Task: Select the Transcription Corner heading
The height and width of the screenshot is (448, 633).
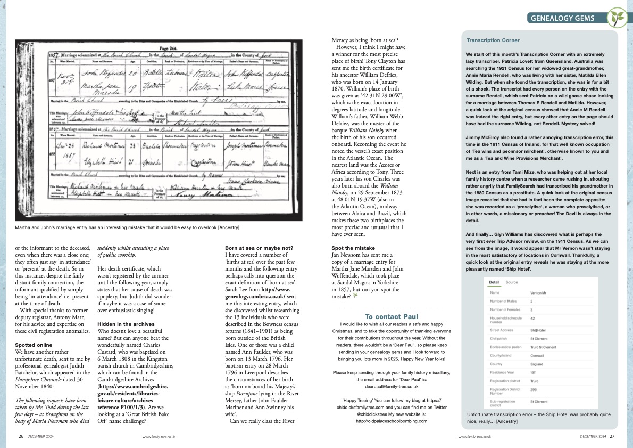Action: click(493, 40)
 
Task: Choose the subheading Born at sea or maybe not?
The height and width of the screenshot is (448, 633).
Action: click(258, 248)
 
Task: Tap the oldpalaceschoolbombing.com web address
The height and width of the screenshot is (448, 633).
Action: click(392, 421)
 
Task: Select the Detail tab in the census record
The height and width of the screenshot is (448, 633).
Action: click(494, 282)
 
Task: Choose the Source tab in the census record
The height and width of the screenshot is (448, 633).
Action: click(511, 282)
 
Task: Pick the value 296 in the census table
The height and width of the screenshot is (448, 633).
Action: click(534, 393)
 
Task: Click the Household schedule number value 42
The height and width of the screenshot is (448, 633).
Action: click(533, 319)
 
